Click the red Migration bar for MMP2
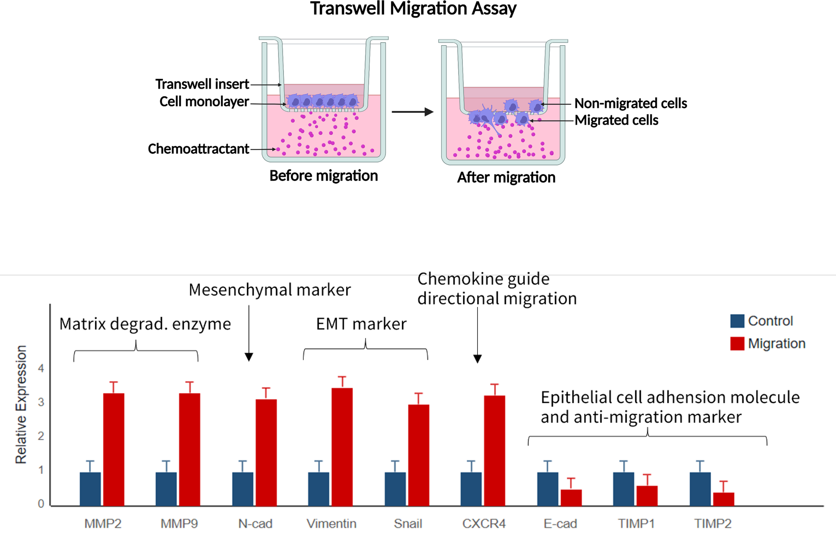click(114, 450)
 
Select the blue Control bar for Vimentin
click(318, 489)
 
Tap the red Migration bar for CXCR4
click(494, 451)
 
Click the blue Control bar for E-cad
click(547, 489)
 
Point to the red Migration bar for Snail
click(418, 455)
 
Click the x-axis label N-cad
click(255, 523)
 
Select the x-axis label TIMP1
click(636, 523)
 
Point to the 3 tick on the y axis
click(41, 402)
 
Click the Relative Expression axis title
click(21, 404)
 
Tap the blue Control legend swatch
click(737, 321)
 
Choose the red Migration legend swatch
click(737, 344)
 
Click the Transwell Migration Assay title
click(413, 9)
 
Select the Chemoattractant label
click(198, 149)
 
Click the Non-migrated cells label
click(631, 103)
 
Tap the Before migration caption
click(324, 176)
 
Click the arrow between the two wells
click(412, 112)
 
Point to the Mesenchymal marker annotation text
click(270, 290)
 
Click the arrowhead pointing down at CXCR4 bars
click(478, 359)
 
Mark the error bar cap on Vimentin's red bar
click(342, 377)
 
